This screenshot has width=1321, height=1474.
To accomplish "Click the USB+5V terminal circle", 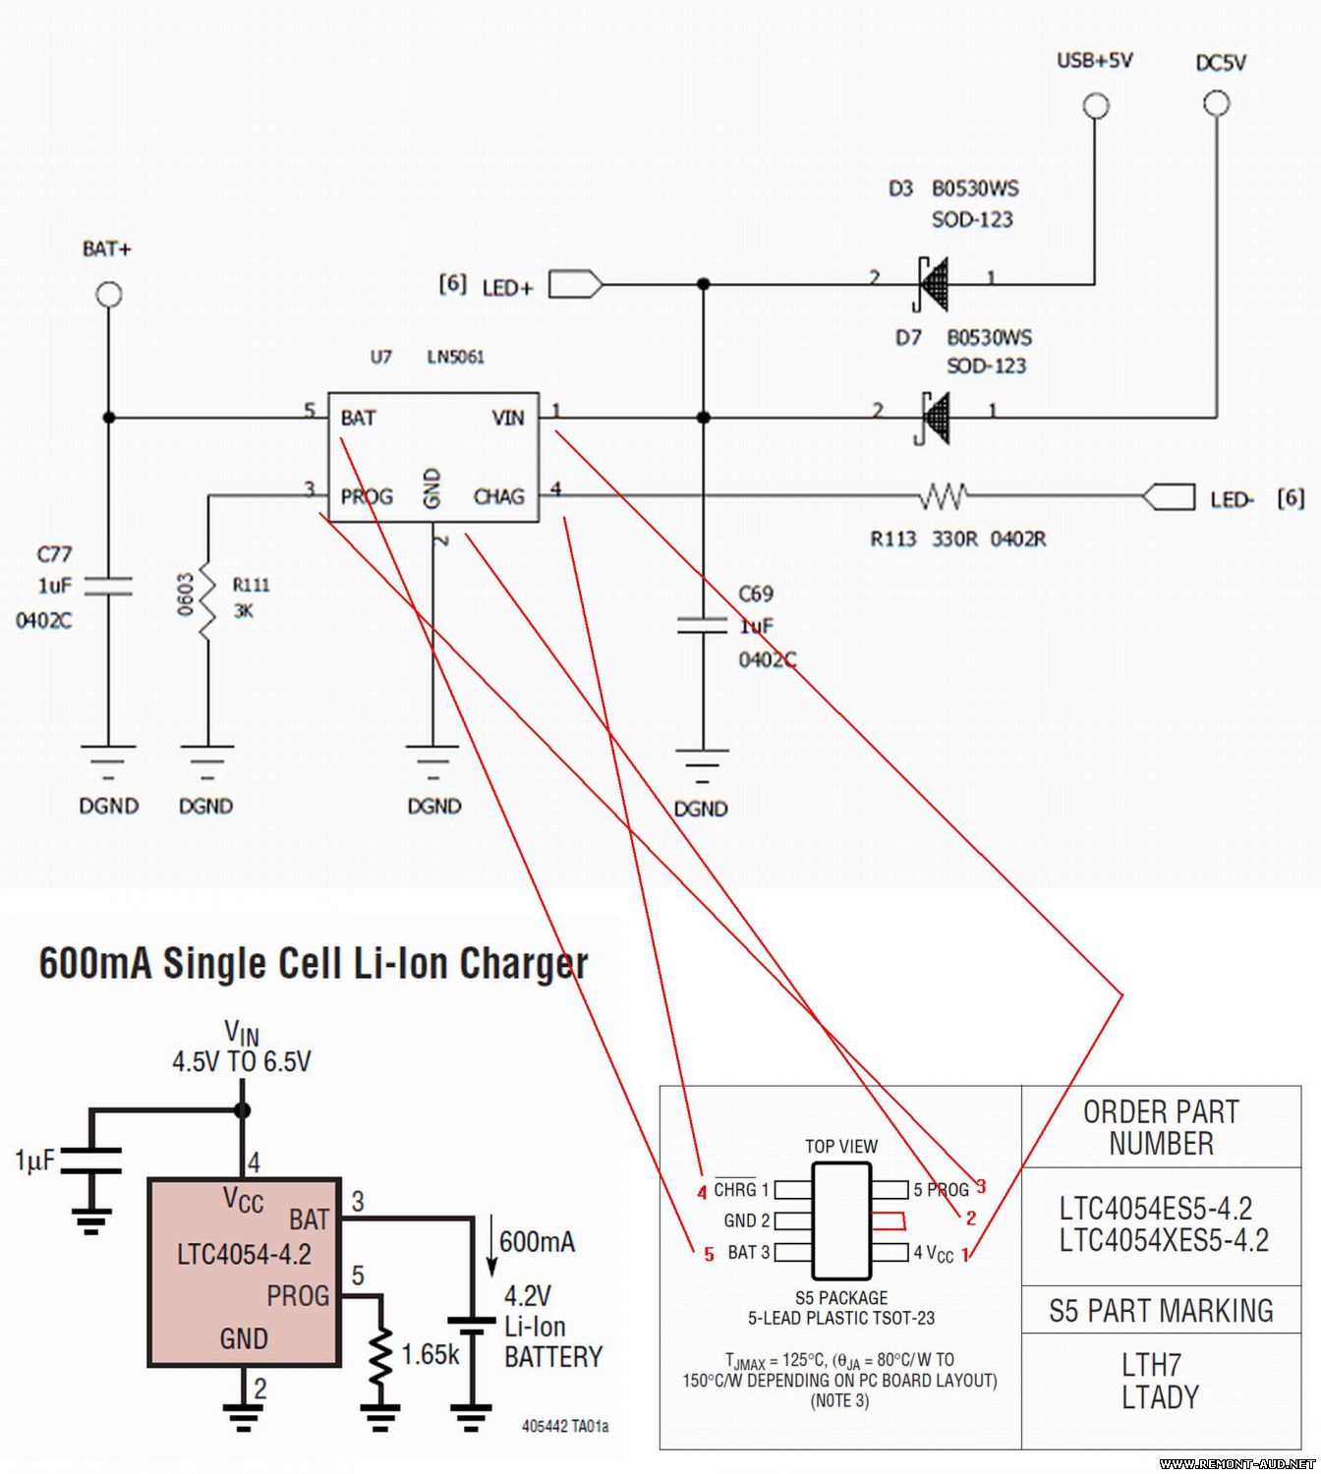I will [x=1096, y=106].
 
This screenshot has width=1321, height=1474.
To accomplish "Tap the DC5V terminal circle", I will [x=1217, y=103].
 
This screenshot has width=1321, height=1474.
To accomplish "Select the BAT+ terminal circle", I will [x=109, y=295].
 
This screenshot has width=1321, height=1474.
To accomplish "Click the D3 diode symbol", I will [x=932, y=284].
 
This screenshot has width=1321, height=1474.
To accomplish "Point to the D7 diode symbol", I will [x=934, y=418].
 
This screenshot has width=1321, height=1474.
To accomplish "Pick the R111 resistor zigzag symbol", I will [x=207, y=601].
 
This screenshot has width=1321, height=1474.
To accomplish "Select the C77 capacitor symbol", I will [x=108, y=587].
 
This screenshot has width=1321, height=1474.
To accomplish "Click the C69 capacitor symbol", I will [x=702, y=625].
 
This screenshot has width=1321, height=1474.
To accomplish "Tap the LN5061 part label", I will [x=455, y=357].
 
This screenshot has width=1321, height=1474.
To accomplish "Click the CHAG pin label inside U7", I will [x=498, y=496].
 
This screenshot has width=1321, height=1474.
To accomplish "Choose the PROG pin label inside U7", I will [x=367, y=496].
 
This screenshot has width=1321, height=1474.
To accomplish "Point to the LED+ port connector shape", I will [x=575, y=284].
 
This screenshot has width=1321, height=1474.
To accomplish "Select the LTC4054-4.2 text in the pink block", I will [x=244, y=1255].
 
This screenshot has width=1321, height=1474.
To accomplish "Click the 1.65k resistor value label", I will [x=431, y=1355].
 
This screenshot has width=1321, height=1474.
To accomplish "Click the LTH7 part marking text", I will [x=1151, y=1365].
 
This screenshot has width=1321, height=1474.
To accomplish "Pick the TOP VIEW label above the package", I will [x=841, y=1146].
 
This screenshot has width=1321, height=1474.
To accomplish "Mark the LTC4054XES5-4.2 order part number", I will [x=1164, y=1240].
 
